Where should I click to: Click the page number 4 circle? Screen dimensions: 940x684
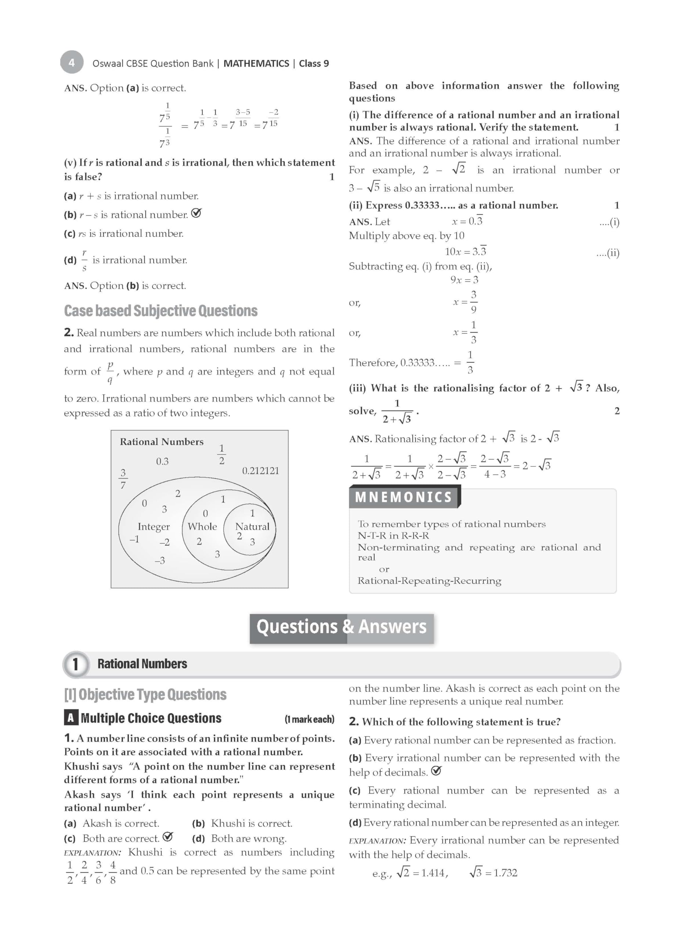pyautogui.click(x=72, y=62)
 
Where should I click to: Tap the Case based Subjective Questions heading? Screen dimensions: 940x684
pyautogui.click(x=161, y=311)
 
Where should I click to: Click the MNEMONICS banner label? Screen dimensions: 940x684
pyautogui.click(x=403, y=497)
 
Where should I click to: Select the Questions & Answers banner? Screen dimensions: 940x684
pyautogui.click(x=341, y=627)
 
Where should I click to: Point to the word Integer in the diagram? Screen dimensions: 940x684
pyautogui.click(x=154, y=527)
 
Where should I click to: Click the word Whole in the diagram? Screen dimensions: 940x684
pyautogui.click(x=202, y=527)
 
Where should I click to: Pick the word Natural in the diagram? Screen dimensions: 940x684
pyautogui.click(x=252, y=527)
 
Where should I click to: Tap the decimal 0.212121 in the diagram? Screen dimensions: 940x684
pyautogui.click(x=260, y=471)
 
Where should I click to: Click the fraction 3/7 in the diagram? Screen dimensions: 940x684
pyautogui.click(x=123, y=479)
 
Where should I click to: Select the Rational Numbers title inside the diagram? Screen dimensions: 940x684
pyautogui.click(x=161, y=442)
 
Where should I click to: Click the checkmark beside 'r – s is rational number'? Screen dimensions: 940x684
pyautogui.click(x=196, y=213)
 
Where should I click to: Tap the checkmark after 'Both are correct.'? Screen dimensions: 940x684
pyautogui.click(x=168, y=837)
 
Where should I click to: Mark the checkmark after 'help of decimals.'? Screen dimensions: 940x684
pyautogui.click(x=436, y=771)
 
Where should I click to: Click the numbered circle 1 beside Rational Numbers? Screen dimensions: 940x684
pyautogui.click(x=75, y=664)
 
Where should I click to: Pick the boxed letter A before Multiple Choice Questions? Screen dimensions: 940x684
pyautogui.click(x=71, y=718)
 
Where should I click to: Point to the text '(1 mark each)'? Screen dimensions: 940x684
pyautogui.click(x=309, y=719)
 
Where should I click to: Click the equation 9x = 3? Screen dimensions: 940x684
pyautogui.click(x=464, y=280)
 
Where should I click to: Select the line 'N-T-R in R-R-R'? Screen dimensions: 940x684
pyautogui.click(x=393, y=535)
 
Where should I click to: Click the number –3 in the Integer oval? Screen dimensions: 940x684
pyautogui.click(x=159, y=561)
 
